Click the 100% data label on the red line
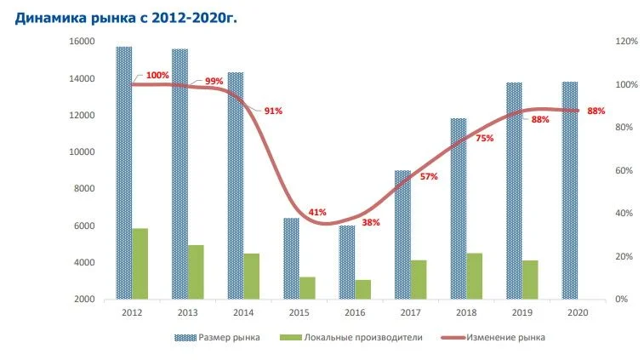(x=157, y=76)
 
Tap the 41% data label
(x=317, y=212)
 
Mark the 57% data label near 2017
(x=428, y=176)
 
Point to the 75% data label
(x=484, y=138)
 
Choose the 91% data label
(x=272, y=111)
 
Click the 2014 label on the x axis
(x=242, y=312)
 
